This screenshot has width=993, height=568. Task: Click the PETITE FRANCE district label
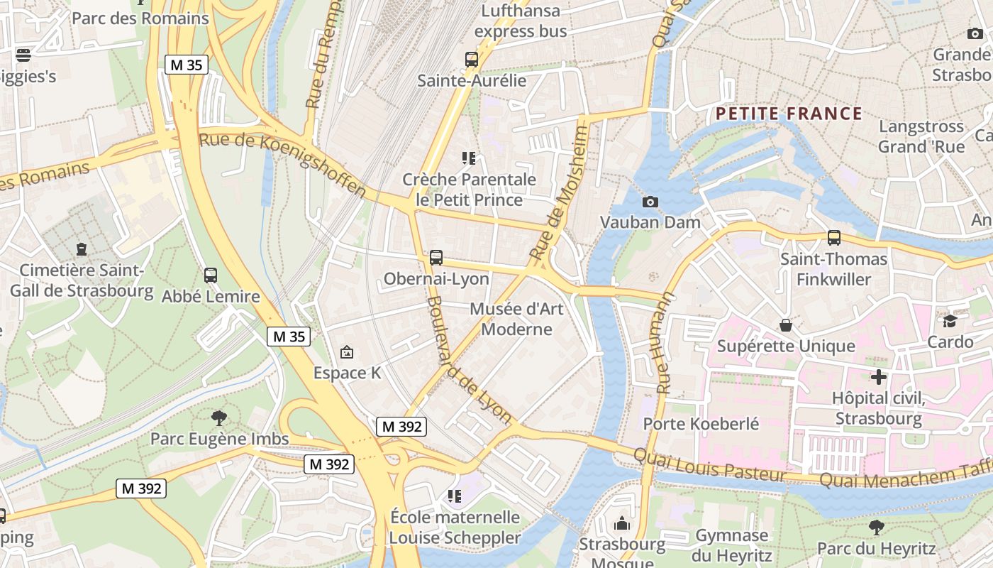point(789,114)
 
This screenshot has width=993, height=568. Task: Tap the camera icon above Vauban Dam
point(650,202)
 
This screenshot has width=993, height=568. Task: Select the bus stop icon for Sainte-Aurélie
point(472,60)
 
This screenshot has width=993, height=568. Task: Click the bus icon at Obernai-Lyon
point(436,258)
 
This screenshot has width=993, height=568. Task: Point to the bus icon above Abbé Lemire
point(211,275)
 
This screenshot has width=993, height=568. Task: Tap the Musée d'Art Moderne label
point(516,319)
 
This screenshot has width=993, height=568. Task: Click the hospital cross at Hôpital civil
point(879,377)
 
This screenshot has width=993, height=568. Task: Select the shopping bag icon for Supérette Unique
point(786,325)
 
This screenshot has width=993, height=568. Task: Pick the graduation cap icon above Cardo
point(950,321)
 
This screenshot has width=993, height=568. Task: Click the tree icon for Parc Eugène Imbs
point(219,417)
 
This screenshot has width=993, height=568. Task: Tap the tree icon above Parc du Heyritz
point(877,527)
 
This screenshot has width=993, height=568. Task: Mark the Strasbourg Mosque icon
point(622,524)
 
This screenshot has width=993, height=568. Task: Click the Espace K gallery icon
point(347,351)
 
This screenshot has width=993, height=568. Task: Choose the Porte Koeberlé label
point(701,424)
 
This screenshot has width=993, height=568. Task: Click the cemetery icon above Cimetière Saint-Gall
point(82,249)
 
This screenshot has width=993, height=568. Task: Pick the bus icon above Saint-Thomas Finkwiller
point(834,238)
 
